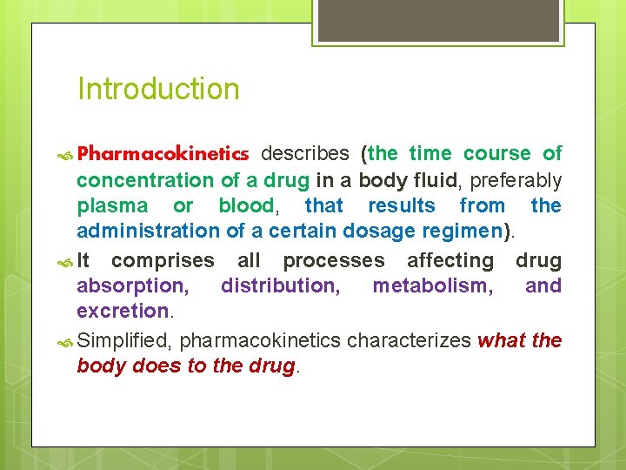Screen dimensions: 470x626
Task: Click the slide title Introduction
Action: pos(158,89)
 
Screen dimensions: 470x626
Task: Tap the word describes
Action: pos(306,154)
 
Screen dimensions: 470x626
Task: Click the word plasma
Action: pos(113,206)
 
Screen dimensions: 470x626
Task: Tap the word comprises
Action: pos(163,261)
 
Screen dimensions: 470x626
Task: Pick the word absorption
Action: pos(131,286)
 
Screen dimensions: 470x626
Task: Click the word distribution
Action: pos(278,286)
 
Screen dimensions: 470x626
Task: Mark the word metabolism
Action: pos(427,286)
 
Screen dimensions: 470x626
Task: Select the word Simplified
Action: pos(124,340)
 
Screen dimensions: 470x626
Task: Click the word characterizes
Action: pos(409,340)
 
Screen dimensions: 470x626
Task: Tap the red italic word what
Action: pos(501,340)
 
